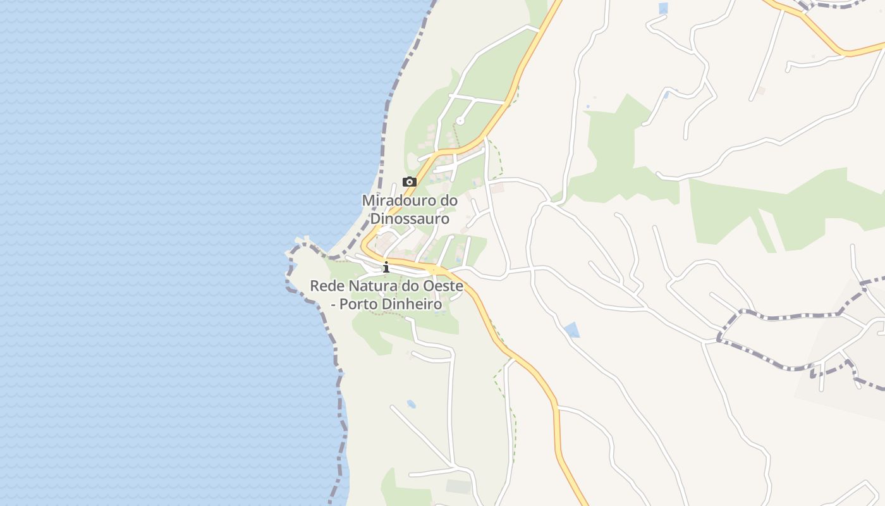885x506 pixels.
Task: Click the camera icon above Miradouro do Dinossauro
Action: tap(410, 182)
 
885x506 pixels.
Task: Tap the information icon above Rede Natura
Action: tap(386, 268)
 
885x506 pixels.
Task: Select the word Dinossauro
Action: tap(410, 219)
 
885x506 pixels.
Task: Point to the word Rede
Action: tap(325, 286)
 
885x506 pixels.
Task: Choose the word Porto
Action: tap(357, 304)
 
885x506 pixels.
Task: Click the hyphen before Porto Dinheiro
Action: tap(334, 305)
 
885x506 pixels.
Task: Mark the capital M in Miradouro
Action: tap(368, 201)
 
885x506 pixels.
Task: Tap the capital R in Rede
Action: tap(315, 286)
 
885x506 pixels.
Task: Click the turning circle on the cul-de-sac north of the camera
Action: tap(460, 120)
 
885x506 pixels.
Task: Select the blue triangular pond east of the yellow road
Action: tap(572, 330)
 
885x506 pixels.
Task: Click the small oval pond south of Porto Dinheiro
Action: tap(412, 404)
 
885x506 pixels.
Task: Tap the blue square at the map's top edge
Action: tap(663, 8)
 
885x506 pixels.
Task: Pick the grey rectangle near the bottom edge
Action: tap(458, 486)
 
